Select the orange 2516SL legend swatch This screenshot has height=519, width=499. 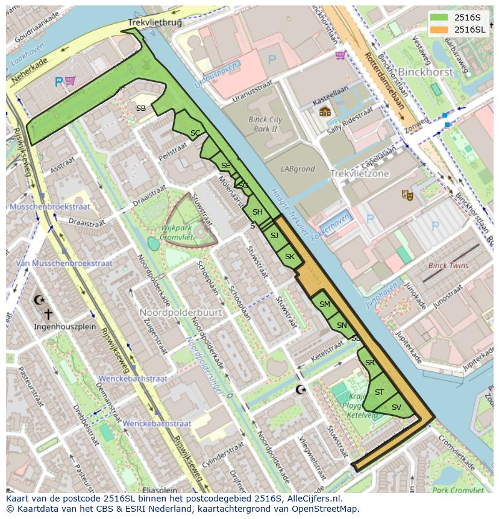439,30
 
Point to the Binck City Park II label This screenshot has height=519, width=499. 265,124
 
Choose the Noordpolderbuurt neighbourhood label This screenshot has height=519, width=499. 181,313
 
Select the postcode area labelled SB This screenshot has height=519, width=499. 140,109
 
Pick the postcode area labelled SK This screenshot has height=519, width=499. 290,257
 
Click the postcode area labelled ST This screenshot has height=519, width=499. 379,392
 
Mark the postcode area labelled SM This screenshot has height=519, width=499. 325,304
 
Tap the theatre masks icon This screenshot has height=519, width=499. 407,195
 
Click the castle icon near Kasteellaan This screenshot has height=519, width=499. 325,112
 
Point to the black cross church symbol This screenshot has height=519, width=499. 49,314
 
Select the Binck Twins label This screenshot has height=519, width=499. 448,266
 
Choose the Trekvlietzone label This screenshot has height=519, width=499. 359,174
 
